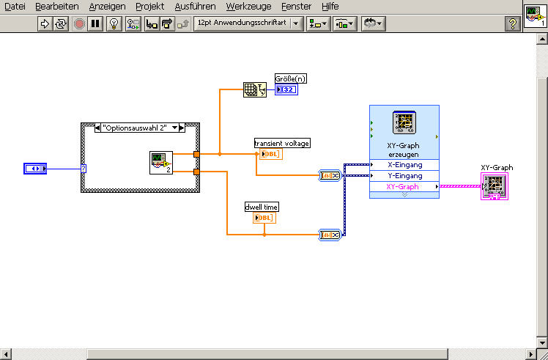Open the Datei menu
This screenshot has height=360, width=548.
click(15, 6)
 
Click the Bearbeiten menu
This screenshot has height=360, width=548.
click(57, 6)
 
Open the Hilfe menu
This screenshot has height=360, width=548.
click(330, 6)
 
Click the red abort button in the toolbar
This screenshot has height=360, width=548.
click(80, 23)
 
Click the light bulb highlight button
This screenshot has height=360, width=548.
click(114, 23)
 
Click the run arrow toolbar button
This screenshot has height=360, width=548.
click(45, 23)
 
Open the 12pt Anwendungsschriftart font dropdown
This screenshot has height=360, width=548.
click(248, 23)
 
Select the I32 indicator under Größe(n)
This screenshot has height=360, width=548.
click(286, 90)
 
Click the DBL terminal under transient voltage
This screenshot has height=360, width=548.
click(270, 154)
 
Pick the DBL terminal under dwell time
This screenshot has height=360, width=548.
click(264, 218)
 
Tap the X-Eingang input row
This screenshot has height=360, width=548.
click(404, 164)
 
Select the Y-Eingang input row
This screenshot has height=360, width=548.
click(404, 175)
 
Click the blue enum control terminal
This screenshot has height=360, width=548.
click(34, 169)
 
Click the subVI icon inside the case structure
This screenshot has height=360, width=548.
click(160, 163)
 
